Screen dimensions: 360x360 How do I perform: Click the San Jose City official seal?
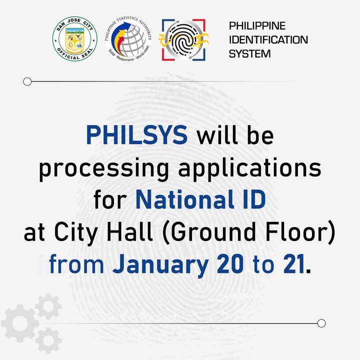(75, 39)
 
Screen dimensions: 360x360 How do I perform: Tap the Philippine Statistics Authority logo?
(128, 39)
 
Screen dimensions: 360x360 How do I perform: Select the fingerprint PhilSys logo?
(183, 39)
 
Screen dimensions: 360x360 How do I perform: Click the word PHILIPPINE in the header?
(257, 25)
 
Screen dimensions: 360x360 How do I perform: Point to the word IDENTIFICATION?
(268, 39)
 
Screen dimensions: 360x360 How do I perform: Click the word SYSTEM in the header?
(250, 53)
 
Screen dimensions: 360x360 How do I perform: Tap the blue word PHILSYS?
(137, 135)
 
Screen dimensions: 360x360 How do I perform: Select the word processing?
(104, 169)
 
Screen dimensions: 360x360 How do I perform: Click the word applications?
(250, 169)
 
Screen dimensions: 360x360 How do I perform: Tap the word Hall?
(129, 231)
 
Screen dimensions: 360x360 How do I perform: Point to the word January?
(160, 264)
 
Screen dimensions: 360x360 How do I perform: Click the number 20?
(230, 264)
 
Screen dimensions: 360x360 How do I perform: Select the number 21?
(294, 264)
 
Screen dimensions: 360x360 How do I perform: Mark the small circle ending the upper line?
(27, 81)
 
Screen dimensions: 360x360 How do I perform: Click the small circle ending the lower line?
(321, 323)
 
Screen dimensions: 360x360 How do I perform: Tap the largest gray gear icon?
(20, 323)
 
